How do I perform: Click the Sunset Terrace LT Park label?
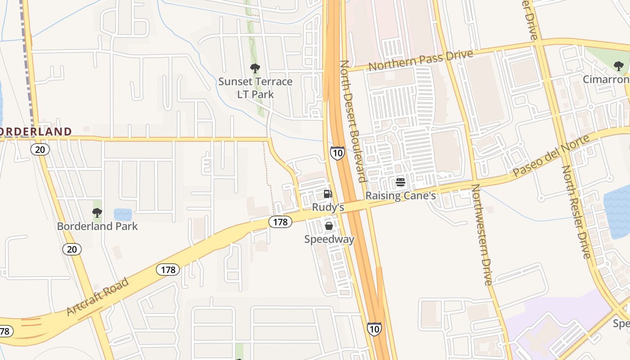255,88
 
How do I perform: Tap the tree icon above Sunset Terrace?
255,69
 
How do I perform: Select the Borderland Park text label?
97,226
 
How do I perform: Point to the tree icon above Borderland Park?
97,213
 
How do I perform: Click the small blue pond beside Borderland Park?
123,214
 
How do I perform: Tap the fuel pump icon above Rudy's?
328,194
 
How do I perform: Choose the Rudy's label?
328,207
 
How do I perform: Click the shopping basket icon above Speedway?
329,226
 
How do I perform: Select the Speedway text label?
329,239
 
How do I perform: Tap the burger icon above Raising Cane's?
400,182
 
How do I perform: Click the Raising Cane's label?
400,196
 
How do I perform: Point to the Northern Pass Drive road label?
421,60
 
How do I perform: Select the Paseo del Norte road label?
551,156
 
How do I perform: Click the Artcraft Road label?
97,297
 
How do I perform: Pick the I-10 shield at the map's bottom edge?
374,328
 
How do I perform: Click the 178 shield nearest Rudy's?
281,221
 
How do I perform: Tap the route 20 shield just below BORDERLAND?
40,149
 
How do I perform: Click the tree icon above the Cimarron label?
619,66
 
